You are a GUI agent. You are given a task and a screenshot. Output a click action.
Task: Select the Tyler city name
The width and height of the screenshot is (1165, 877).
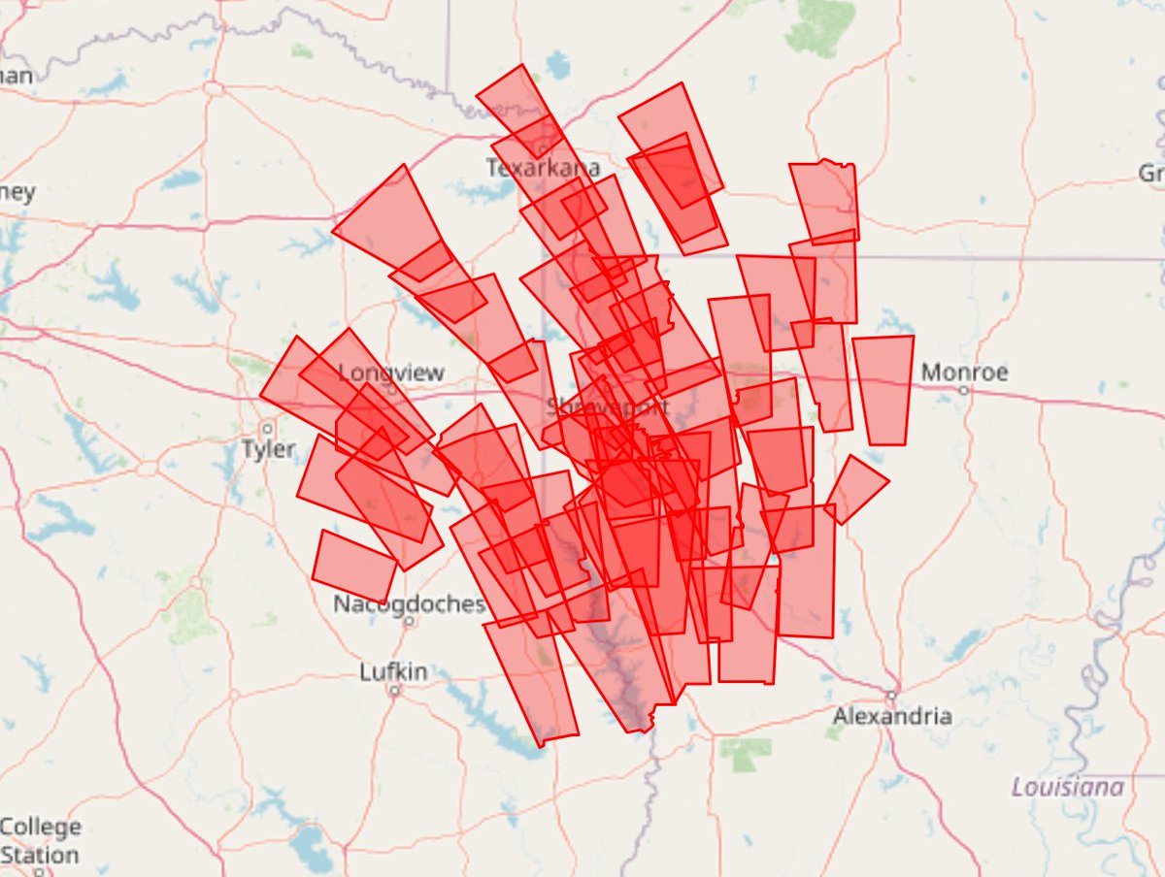269,449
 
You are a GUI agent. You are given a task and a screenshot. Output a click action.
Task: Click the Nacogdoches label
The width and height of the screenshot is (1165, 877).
408,604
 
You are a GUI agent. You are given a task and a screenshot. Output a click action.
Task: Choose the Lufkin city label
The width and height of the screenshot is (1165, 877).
393,671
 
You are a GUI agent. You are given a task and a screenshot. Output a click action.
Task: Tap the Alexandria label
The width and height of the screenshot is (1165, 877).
891,717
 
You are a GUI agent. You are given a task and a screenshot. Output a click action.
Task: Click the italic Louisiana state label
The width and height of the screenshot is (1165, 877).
1067,787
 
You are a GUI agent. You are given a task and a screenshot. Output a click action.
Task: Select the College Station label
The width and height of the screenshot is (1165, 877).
40,841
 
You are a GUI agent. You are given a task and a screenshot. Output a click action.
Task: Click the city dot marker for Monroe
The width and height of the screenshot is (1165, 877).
963,391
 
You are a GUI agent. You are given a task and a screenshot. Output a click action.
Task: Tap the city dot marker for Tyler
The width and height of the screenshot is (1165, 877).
267,427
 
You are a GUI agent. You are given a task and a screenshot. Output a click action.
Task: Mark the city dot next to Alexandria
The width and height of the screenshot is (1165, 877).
890,695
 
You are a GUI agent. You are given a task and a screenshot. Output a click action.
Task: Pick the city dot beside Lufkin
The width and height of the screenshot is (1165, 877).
394,691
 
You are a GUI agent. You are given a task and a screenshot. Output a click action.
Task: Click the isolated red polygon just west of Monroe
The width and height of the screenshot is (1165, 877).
883,389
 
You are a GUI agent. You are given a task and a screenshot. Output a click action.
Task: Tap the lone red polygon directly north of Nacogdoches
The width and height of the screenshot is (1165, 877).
354,565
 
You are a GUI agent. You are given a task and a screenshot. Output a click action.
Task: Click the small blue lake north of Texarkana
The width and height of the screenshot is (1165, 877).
558,65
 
